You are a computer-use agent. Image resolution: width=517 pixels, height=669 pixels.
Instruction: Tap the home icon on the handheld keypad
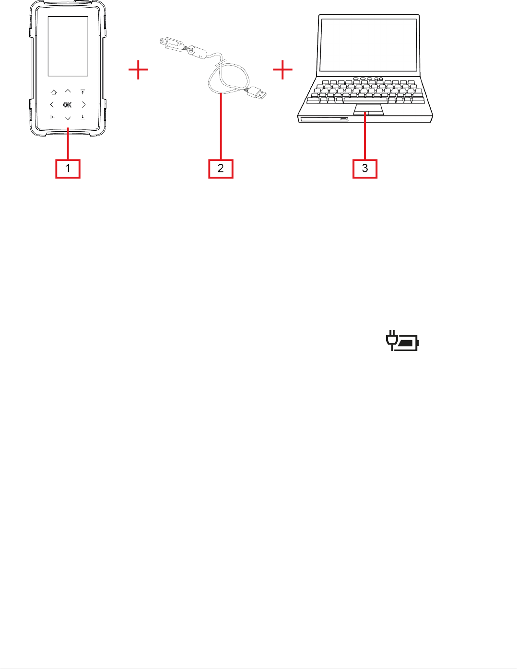tap(53, 92)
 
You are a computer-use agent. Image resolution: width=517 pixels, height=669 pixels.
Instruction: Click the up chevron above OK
tap(68, 91)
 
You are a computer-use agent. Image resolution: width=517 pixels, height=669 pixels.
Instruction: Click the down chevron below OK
tap(68, 118)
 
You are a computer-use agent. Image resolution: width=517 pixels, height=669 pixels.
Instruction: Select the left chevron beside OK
tap(52, 104)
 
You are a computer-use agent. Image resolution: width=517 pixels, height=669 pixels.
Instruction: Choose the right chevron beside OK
tap(83, 104)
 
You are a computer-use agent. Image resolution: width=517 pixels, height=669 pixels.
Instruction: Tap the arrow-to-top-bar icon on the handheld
tap(82, 91)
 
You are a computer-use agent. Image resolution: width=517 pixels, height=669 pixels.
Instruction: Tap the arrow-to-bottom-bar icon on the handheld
tap(82, 117)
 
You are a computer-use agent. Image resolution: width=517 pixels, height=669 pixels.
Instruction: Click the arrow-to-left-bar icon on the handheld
tap(53, 117)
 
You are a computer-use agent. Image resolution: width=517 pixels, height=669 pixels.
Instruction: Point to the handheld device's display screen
tap(68, 46)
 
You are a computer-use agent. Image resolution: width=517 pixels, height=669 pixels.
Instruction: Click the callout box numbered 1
tap(68, 168)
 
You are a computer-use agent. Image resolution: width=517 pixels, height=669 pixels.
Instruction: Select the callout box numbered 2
tap(221, 168)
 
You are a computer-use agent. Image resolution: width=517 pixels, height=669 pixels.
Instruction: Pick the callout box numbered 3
tap(365, 168)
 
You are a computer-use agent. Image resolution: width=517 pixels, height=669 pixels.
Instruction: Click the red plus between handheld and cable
tap(138, 70)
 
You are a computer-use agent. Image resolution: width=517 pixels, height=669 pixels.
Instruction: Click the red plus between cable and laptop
tap(283, 70)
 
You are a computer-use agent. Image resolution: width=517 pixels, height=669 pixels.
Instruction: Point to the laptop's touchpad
tap(368, 110)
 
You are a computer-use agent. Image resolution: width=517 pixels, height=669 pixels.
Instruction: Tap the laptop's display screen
tap(369, 45)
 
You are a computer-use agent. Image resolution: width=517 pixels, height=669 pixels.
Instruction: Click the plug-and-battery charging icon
tap(402, 341)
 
